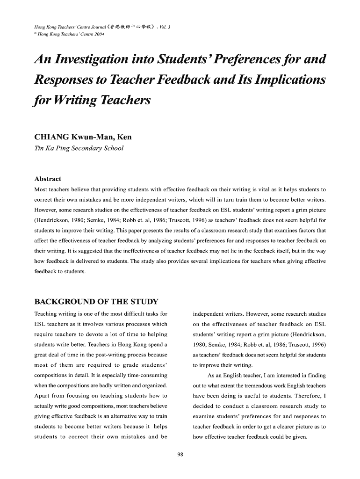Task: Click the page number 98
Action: pyautogui.click(x=180, y=455)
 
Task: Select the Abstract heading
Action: pyautogui.click(x=48, y=179)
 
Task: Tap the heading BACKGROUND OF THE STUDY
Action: pyautogui.click(x=96, y=301)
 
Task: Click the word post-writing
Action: pyautogui.click(x=113, y=355)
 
